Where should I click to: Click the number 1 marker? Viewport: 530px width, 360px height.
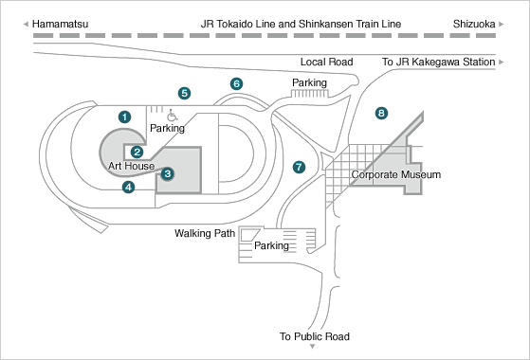(125, 117)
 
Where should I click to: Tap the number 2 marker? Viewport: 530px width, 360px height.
(137, 152)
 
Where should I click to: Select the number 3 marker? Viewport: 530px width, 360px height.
(167, 174)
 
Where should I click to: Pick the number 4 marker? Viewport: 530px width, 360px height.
(128, 187)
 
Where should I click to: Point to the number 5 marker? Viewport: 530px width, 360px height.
(184, 93)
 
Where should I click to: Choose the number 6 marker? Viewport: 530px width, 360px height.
(237, 83)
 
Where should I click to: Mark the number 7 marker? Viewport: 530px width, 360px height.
(299, 167)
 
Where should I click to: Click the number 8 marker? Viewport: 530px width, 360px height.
(381, 113)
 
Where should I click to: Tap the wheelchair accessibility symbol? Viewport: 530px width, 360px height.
(173, 116)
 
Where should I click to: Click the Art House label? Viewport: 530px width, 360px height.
(132, 166)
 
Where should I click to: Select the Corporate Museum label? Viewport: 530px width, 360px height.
(395, 174)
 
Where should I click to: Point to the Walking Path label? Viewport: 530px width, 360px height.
(205, 233)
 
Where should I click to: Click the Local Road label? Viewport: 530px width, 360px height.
(326, 62)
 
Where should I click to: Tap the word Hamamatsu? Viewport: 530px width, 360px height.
(60, 24)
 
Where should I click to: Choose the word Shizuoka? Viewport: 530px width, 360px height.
(474, 24)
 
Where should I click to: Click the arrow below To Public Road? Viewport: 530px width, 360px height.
(313, 347)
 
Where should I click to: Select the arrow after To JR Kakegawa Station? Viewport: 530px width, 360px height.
(502, 62)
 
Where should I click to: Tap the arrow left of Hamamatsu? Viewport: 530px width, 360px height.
(26, 24)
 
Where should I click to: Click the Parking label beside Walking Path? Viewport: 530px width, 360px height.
(271, 245)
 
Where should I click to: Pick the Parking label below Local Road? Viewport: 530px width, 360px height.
(309, 82)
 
